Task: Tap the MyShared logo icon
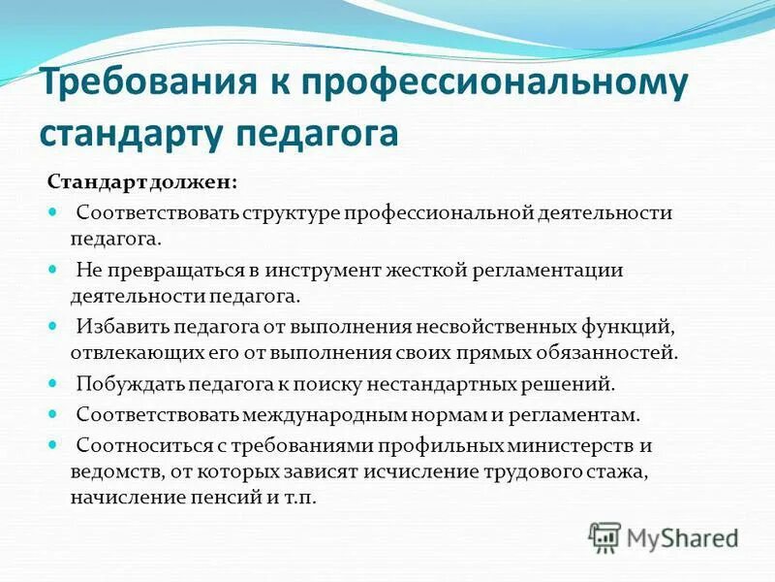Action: coord(605,536)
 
